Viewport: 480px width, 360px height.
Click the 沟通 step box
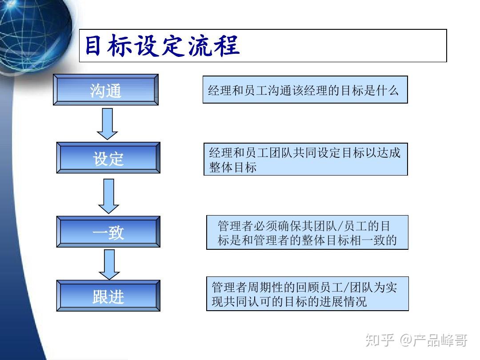tap(106, 90)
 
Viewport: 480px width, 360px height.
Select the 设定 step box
tap(108, 158)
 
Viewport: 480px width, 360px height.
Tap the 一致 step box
tap(108, 232)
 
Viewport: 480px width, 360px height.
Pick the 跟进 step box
tap(108, 296)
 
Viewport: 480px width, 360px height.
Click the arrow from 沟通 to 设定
tap(107, 124)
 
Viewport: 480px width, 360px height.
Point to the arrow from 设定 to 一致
tap(109, 196)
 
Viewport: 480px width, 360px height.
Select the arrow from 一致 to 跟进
tap(109, 264)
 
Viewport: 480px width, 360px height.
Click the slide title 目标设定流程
tap(162, 46)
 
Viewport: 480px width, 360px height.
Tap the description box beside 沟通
tap(305, 89)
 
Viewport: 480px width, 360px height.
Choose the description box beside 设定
tap(306, 159)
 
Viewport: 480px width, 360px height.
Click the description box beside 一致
tap(308, 232)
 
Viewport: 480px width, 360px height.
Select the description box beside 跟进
tap(308, 294)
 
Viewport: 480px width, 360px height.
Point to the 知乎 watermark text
tap(380, 340)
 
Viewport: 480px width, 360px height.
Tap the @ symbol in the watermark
tap(406, 340)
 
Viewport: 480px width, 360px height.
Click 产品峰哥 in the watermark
tap(440, 340)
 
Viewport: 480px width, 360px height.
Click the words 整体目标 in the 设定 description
tap(233, 168)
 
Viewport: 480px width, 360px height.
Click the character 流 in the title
tap(200, 46)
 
